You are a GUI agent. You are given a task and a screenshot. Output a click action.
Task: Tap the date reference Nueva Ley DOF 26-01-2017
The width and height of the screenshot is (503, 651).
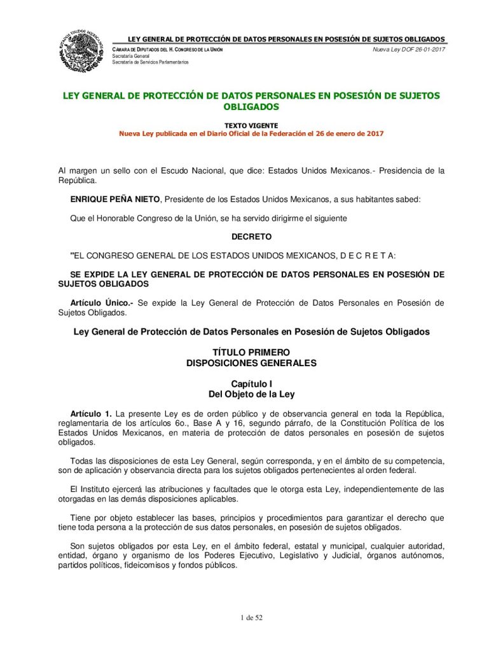pyautogui.click(x=408, y=50)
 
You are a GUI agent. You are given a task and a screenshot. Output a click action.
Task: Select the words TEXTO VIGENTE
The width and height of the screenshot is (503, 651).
pyautogui.click(x=251, y=125)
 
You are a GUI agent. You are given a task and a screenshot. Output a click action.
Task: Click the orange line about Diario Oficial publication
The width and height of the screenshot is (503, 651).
pyautogui.click(x=251, y=134)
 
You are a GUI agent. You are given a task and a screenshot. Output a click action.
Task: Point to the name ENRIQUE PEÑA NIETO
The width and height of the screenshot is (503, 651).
pyautogui.click(x=116, y=200)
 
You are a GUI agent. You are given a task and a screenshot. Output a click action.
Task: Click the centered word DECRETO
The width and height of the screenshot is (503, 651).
pyautogui.click(x=251, y=237)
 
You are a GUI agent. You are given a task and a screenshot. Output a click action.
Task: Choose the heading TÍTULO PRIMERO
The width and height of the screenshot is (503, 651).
pyautogui.click(x=251, y=352)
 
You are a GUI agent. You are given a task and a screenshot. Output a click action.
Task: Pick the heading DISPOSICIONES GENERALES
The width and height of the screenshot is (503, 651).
pyautogui.click(x=251, y=363)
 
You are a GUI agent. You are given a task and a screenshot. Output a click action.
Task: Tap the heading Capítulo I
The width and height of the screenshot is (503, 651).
pyautogui.click(x=251, y=384)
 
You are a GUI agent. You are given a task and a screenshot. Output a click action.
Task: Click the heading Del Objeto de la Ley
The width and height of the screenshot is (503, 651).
pyautogui.click(x=251, y=394)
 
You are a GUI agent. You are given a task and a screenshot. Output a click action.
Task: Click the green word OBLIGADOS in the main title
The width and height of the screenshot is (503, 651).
pyautogui.click(x=251, y=107)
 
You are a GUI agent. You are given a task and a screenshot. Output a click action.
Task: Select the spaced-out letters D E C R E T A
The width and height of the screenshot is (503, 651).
pyautogui.click(x=367, y=256)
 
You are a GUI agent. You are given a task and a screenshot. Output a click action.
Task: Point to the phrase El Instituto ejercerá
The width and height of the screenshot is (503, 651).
pyautogui.click(x=114, y=490)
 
